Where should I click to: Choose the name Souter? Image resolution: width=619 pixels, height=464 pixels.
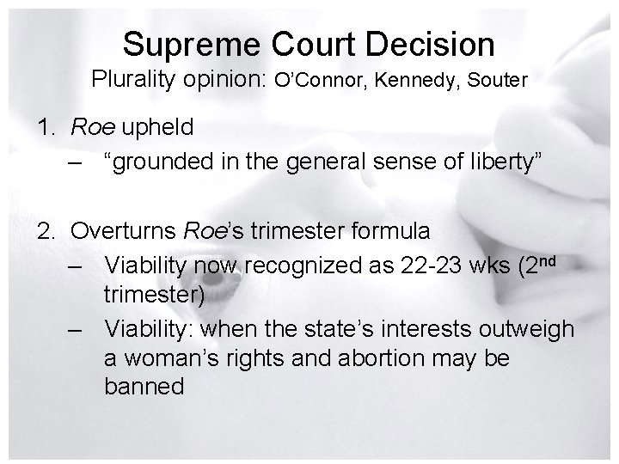click(x=499, y=82)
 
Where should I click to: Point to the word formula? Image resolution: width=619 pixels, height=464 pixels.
click(x=388, y=230)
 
